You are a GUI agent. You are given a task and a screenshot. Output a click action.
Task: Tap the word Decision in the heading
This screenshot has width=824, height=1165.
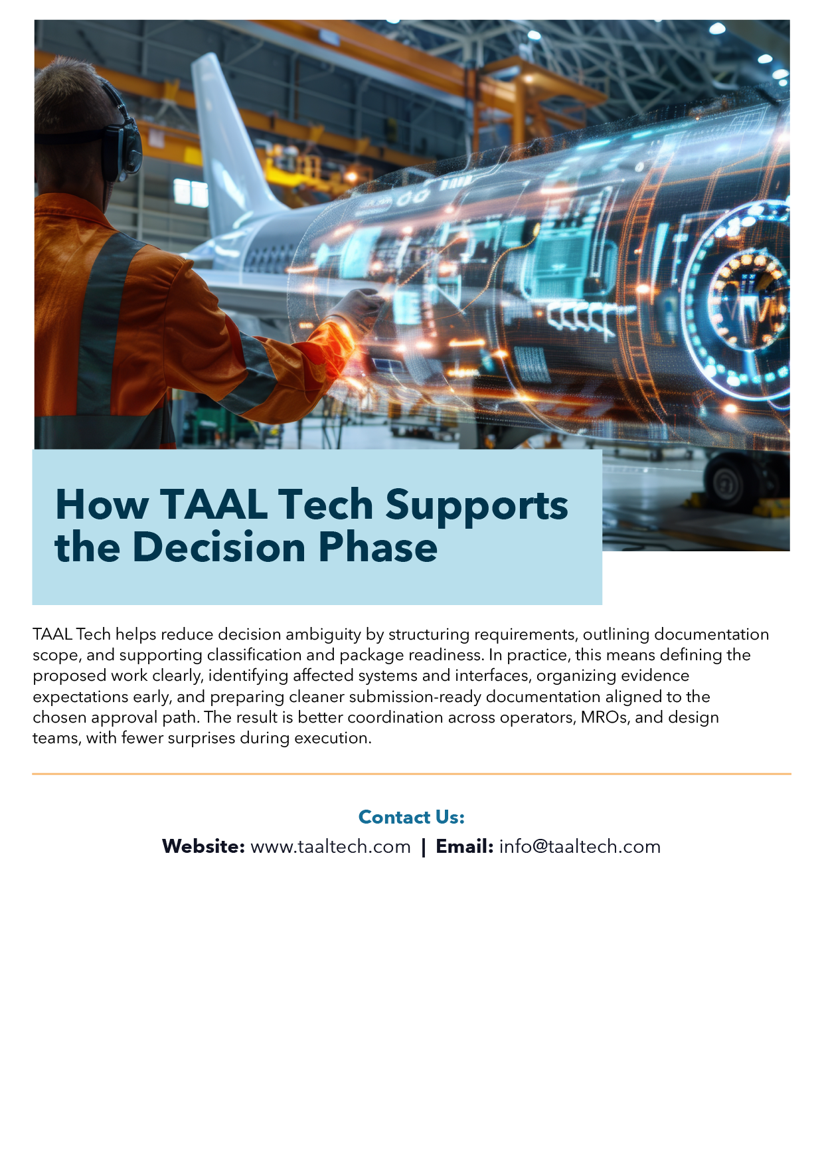pos(220,547)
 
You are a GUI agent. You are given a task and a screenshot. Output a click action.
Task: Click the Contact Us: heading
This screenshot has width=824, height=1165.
pos(412,817)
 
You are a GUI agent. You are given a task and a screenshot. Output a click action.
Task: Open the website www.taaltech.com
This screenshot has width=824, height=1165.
pos(331,847)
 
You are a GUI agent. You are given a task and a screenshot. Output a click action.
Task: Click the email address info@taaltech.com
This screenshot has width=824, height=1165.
pos(580,847)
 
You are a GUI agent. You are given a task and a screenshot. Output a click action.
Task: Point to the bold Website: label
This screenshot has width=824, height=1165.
pos(204,847)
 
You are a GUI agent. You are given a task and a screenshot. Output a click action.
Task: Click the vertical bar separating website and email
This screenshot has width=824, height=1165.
pos(424,848)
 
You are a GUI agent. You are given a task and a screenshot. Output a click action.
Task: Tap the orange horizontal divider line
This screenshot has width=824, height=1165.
pos(412,774)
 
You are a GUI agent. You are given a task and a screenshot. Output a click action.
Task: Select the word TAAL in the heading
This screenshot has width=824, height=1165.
pos(214,505)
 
